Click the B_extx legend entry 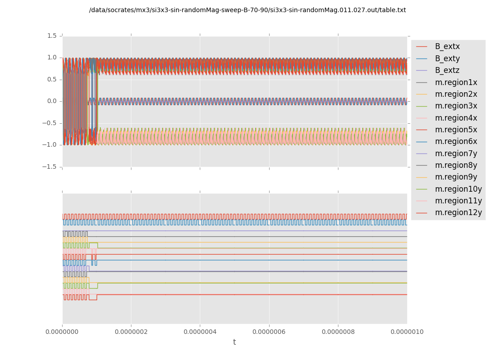(x=447, y=47)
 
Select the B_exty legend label (x=447, y=58)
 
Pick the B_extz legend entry (x=447, y=71)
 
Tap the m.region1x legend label (x=456, y=82)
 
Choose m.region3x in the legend (x=456, y=106)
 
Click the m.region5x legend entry (x=456, y=130)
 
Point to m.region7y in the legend (x=456, y=153)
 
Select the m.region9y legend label (x=456, y=177)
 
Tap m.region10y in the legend (x=458, y=189)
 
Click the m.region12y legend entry (x=458, y=213)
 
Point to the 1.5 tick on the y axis (x=52, y=36)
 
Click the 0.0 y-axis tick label (x=52, y=101)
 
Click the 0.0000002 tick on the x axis (x=131, y=332)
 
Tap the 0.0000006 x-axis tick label (x=269, y=332)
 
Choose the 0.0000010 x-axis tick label (x=407, y=332)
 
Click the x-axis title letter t (x=234, y=342)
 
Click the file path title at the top (x=247, y=10)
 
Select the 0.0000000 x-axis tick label (x=62, y=332)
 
